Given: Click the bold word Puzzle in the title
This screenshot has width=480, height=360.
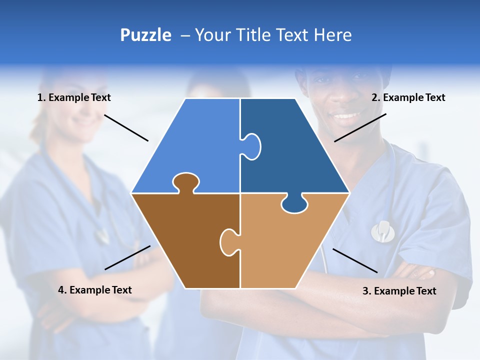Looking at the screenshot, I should pos(145,35).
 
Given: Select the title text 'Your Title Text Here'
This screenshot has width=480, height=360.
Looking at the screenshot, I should pos(273,35).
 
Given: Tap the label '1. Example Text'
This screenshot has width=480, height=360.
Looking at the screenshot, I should pos(74,97).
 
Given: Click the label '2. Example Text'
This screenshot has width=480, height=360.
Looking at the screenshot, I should pos(408,97).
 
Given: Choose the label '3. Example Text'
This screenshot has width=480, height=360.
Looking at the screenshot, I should pos(399,290).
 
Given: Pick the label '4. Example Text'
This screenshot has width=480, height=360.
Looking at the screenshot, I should pos(95,289).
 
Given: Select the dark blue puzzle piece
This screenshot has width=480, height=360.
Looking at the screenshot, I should pos(295,150).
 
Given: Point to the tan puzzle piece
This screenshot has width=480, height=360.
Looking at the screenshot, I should pos(285,245).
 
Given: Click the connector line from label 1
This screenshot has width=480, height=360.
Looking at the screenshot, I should pos(126,128).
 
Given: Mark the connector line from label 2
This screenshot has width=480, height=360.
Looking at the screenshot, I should pos(360,127).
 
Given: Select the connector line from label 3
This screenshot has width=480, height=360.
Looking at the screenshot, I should pos(355,260).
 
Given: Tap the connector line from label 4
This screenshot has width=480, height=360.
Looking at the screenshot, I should pos(127,257).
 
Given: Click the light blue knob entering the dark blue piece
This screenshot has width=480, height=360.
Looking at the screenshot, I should pos(251,145).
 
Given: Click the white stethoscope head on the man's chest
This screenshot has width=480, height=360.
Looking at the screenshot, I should pos(382,230).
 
